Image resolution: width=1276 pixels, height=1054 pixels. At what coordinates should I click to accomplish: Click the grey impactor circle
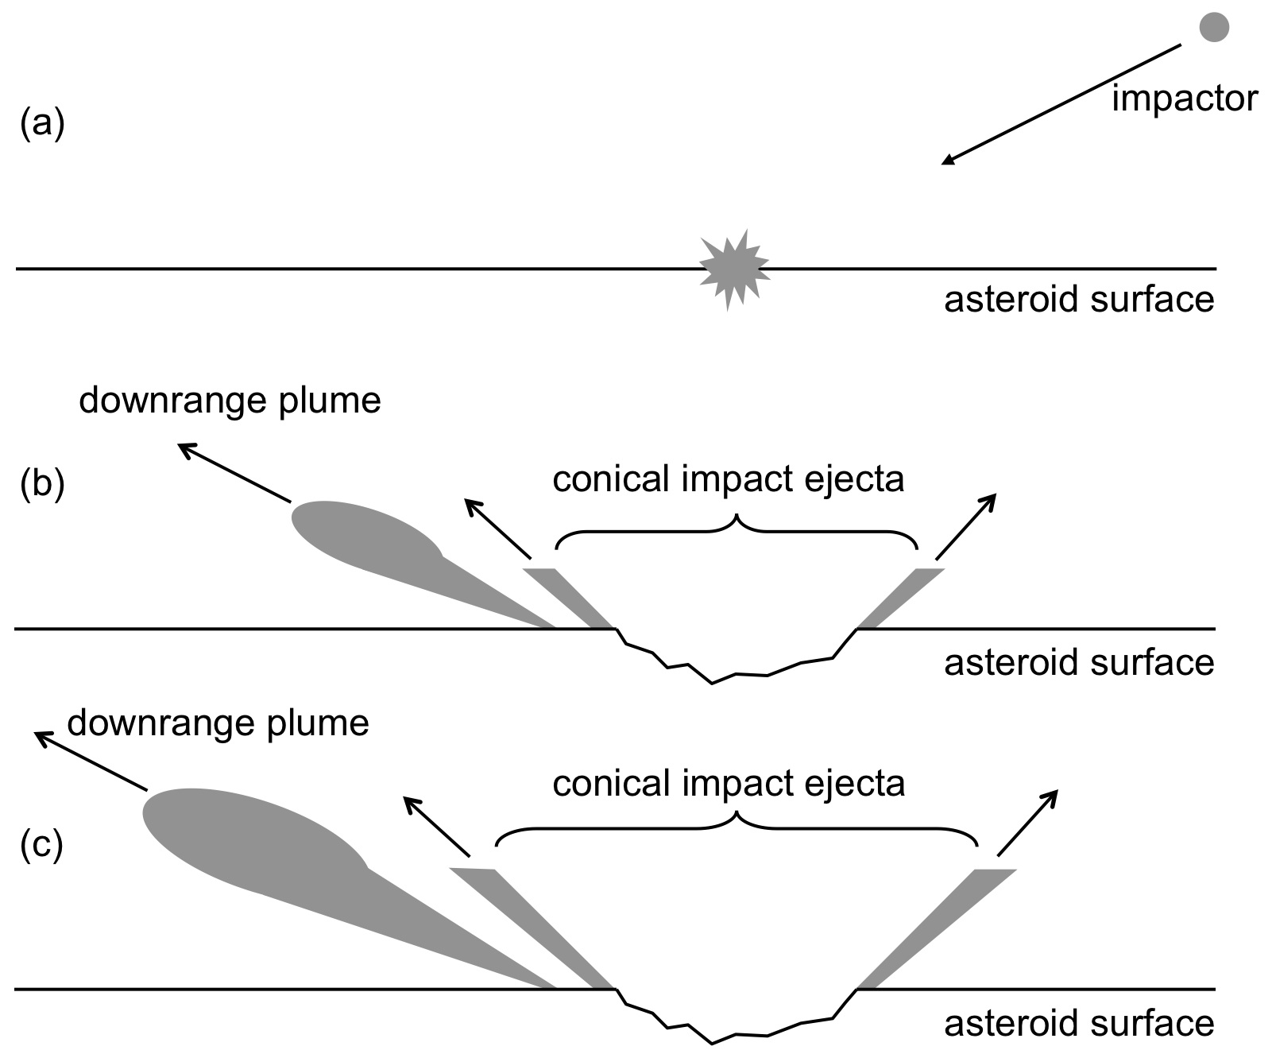tap(1213, 27)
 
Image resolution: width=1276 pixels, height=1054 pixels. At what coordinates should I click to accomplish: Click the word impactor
tap(1185, 99)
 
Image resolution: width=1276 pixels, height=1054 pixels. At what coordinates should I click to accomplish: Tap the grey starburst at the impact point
tap(733, 269)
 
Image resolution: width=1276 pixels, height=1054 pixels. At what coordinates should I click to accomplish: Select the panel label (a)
tap(42, 124)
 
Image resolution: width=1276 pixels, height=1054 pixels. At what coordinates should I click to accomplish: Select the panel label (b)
tap(42, 483)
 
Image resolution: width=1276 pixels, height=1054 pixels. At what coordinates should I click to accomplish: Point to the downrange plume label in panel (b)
tap(230, 400)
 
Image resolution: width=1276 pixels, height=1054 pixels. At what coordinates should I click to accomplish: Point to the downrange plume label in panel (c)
tap(218, 723)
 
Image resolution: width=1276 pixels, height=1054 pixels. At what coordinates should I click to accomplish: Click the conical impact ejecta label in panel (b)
tap(729, 479)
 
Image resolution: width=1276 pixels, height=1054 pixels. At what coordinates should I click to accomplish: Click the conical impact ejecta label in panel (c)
tap(729, 784)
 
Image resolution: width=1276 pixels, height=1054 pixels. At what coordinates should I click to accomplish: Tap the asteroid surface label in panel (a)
tap(1079, 300)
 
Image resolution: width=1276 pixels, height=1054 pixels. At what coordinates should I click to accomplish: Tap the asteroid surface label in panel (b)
tap(1079, 662)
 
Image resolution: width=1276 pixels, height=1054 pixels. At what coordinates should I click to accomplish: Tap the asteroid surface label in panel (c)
tap(1079, 1023)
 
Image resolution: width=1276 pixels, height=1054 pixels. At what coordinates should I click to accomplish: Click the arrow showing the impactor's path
tap(1061, 105)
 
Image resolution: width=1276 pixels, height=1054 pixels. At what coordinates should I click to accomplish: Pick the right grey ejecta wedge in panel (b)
tap(900, 598)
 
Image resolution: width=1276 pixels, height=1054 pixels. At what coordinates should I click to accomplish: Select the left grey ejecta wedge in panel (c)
tap(532, 928)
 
